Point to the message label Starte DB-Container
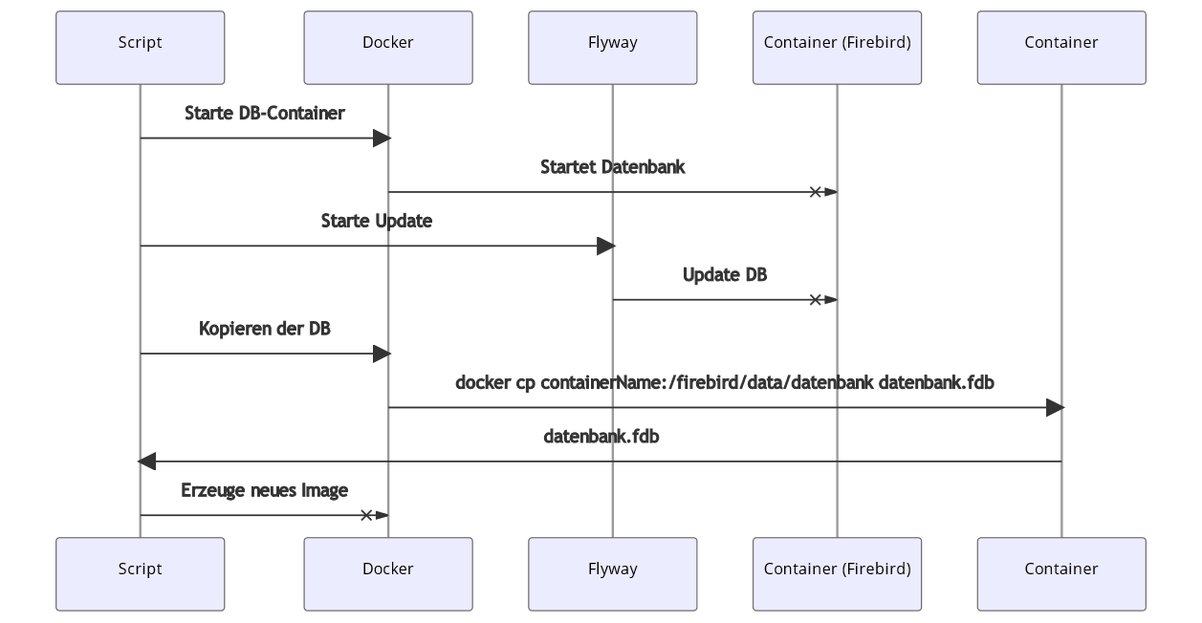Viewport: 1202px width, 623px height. [x=264, y=114]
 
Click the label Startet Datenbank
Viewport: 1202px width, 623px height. [x=612, y=167]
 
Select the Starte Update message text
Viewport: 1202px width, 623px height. [x=376, y=221]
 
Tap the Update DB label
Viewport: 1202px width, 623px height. [x=724, y=275]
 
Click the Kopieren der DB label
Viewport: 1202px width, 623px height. [x=264, y=329]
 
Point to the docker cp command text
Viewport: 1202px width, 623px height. [x=724, y=383]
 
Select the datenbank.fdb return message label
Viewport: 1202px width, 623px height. [x=601, y=437]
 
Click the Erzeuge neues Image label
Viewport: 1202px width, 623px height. [x=264, y=490]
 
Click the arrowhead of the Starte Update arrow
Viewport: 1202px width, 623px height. [x=604, y=247]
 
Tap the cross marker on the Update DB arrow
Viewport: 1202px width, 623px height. [x=816, y=300]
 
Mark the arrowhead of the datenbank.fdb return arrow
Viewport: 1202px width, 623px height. [x=146, y=462]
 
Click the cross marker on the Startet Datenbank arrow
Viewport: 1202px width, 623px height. [x=816, y=192]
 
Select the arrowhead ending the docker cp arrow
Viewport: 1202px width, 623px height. [x=1054, y=408]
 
